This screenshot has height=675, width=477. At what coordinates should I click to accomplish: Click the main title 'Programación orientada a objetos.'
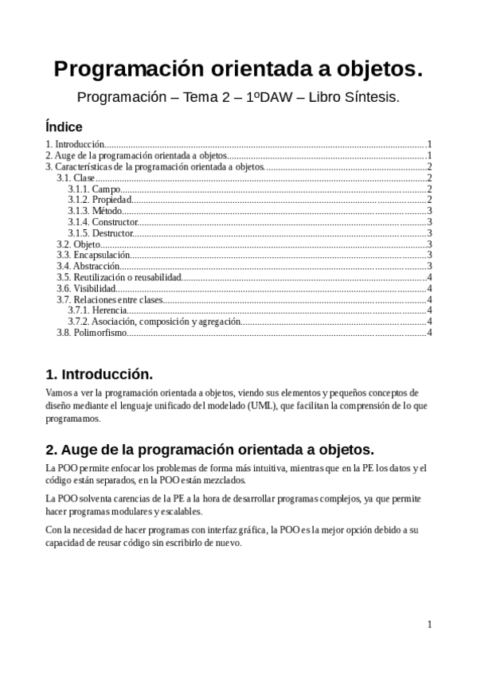[x=238, y=70]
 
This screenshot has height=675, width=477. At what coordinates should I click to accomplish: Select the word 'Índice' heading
[x=64, y=127]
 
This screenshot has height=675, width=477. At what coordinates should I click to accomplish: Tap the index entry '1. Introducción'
[x=75, y=144]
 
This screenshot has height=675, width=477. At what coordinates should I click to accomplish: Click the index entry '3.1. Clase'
[x=76, y=178]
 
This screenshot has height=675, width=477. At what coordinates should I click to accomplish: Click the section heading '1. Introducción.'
[x=99, y=374]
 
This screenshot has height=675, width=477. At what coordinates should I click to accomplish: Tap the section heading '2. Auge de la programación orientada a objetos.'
[x=209, y=448]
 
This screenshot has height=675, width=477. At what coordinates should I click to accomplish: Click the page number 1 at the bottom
[x=429, y=625]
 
